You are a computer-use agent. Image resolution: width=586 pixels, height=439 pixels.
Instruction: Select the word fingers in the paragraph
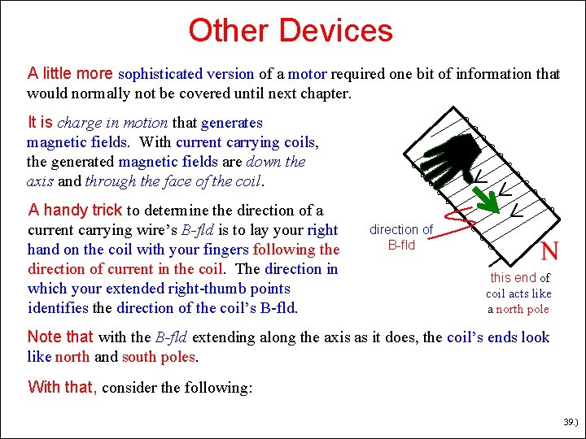pos(223,250)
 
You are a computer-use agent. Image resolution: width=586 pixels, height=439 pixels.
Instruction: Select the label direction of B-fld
pos(401,237)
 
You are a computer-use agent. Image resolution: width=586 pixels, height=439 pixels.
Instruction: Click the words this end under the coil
pos(513,278)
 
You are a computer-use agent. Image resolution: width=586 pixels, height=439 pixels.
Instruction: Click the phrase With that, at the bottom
pos(62,387)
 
